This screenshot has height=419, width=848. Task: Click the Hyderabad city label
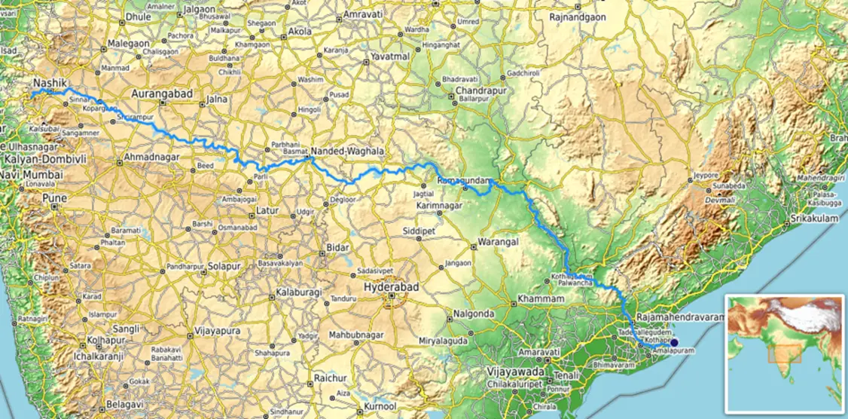[391, 287]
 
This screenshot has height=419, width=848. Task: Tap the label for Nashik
[51, 82]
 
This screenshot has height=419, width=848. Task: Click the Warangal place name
[499, 243]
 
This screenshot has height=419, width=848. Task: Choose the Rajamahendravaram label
[680, 318]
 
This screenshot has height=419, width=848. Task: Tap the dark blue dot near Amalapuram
[674, 342]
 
